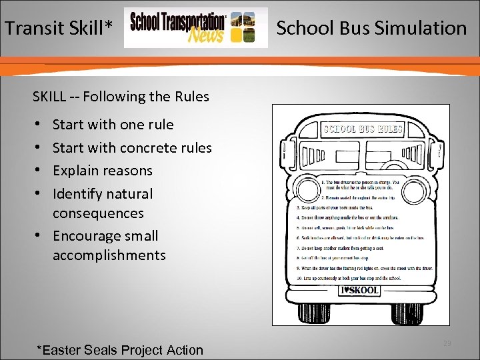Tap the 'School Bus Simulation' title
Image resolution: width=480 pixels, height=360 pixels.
pos(371,28)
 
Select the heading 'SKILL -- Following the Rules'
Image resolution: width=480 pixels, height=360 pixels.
pos(121,97)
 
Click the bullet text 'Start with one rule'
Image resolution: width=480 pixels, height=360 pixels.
pos(113,125)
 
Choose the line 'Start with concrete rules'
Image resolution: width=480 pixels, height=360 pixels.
pos(132,147)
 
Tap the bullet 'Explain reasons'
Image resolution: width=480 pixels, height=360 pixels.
pos(102,171)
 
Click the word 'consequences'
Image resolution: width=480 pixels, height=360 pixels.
pos(98,213)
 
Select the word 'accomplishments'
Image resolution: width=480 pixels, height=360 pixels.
pos(109,255)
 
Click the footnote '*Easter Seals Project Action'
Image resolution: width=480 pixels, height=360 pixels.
pos(120,350)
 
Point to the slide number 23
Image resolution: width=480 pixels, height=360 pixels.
pos(446,343)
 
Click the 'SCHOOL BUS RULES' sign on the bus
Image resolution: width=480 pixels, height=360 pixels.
pos(363,129)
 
